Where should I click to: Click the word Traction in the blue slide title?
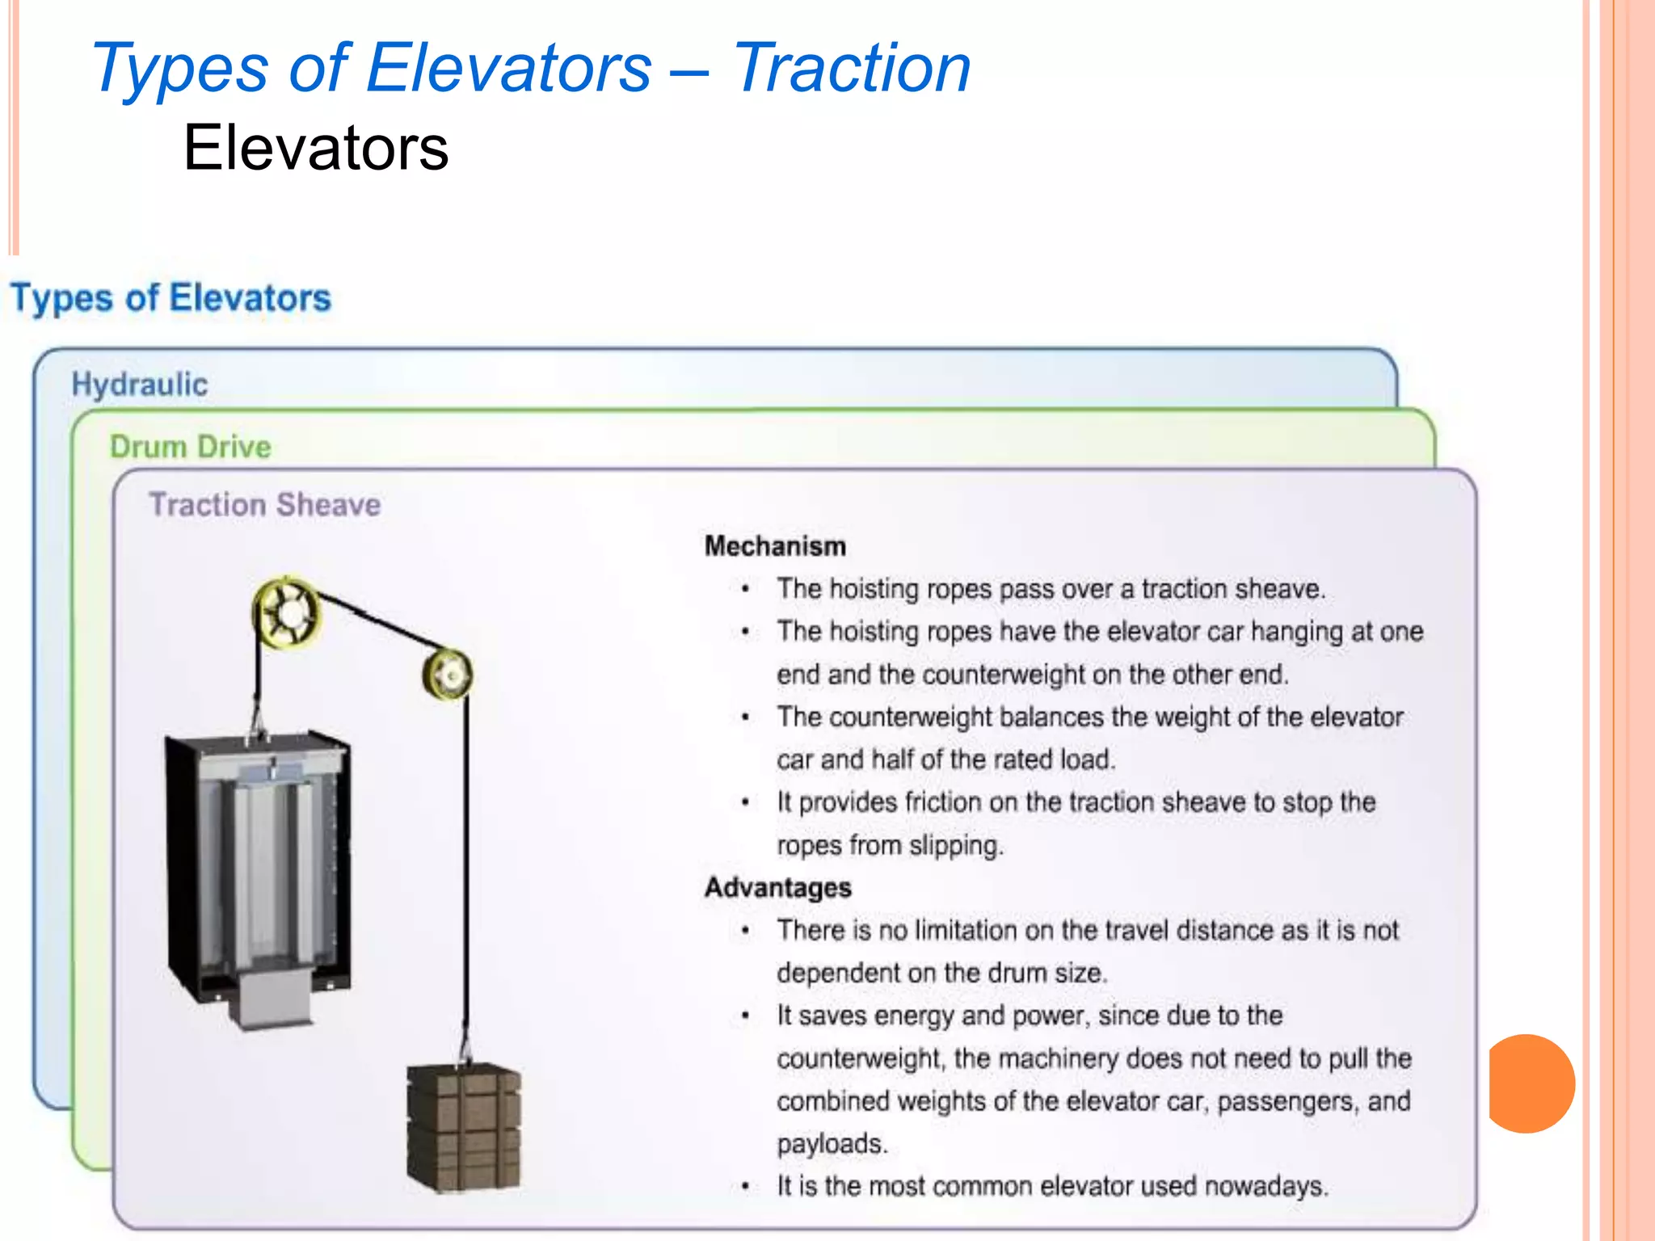(x=851, y=69)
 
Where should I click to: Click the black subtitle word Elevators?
(x=315, y=148)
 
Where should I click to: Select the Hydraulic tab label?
(x=140, y=385)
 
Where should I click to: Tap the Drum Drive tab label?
(x=191, y=447)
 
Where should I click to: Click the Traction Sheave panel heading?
(x=265, y=505)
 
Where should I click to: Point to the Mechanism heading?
(x=775, y=546)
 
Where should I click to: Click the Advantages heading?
(x=777, y=887)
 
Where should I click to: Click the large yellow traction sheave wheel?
(x=286, y=612)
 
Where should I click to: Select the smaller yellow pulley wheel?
(x=448, y=674)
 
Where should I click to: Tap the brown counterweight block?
(x=463, y=1128)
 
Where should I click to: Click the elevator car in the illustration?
(x=259, y=856)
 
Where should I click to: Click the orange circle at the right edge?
(x=1531, y=1083)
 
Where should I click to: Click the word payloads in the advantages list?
(x=832, y=1144)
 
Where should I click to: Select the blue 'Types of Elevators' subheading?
(x=171, y=298)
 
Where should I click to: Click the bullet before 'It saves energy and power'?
(x=745, y=1016)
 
